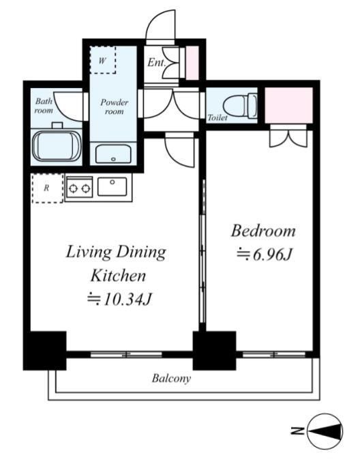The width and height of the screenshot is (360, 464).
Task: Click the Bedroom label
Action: (263, 231)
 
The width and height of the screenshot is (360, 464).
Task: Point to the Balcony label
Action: (171, 378)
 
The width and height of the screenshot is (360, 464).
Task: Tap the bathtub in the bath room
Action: (56, 146)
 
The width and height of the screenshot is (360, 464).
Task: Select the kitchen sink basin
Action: (112, 186)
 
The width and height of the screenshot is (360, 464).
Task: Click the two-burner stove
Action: (79, 188)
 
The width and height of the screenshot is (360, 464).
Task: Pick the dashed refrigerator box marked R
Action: (47, 188)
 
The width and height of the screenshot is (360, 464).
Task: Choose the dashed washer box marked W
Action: (102, 59)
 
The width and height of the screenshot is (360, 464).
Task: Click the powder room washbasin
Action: (113, 154)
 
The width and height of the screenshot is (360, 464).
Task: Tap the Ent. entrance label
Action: (156, 63)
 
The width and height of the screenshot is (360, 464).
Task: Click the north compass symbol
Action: (325, 431)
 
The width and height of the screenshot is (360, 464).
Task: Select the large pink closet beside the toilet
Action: (289, 105)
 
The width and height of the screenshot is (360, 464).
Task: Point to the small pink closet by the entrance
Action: (192, 63)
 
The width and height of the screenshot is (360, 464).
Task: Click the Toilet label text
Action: (217, 117)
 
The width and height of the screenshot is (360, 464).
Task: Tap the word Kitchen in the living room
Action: (118, 276)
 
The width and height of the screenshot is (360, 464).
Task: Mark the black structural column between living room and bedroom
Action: (214, 351)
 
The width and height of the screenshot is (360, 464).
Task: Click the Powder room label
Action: (114, 107)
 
